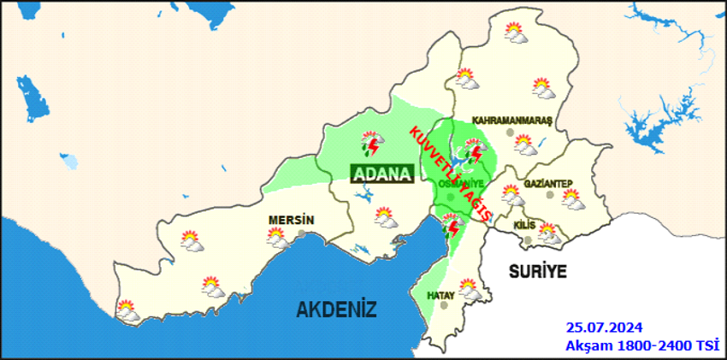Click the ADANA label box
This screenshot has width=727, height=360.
point(382,174)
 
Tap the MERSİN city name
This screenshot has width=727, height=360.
point(291,220)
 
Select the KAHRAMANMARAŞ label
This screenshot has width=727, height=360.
point(514,121)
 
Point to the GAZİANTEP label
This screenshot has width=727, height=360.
point(547,183)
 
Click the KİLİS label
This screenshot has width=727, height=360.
point(523,224)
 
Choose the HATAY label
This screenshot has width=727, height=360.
point(440,295)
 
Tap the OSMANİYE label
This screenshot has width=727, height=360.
point(461,184)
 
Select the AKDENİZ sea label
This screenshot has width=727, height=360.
point(336,309)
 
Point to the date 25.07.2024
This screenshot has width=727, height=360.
point(604,328)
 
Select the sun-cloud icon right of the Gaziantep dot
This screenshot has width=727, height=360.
point(571,200)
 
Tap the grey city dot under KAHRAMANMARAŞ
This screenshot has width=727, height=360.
point(511,133)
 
